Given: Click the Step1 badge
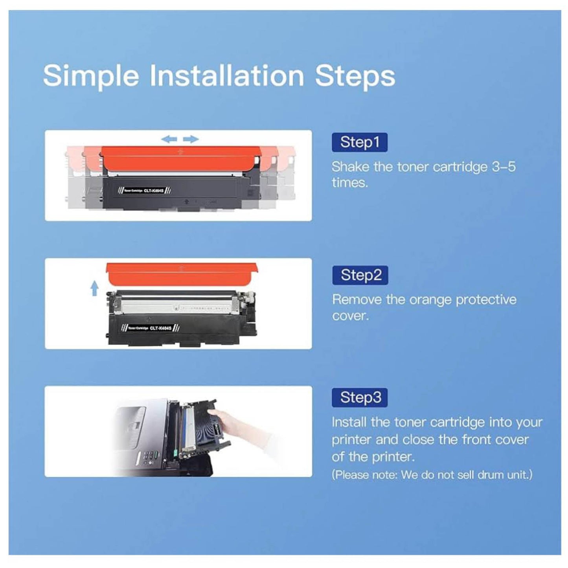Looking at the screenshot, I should click(x=360, y=142).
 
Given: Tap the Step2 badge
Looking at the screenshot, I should click(x=360, y=275).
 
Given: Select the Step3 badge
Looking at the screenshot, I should click(x=360, y=397).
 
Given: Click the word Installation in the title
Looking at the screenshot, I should click(x=227, y=75).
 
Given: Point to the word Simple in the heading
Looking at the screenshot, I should click(x=91, y=75).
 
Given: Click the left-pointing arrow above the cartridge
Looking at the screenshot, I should click(x=169, y=139).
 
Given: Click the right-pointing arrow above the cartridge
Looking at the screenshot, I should click(x=191, y=139).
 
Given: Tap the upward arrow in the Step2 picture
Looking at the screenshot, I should click(x=94, y=289).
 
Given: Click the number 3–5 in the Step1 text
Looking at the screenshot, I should click(x=504, y=167).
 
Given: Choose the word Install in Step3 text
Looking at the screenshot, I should click(x=349, y=422).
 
